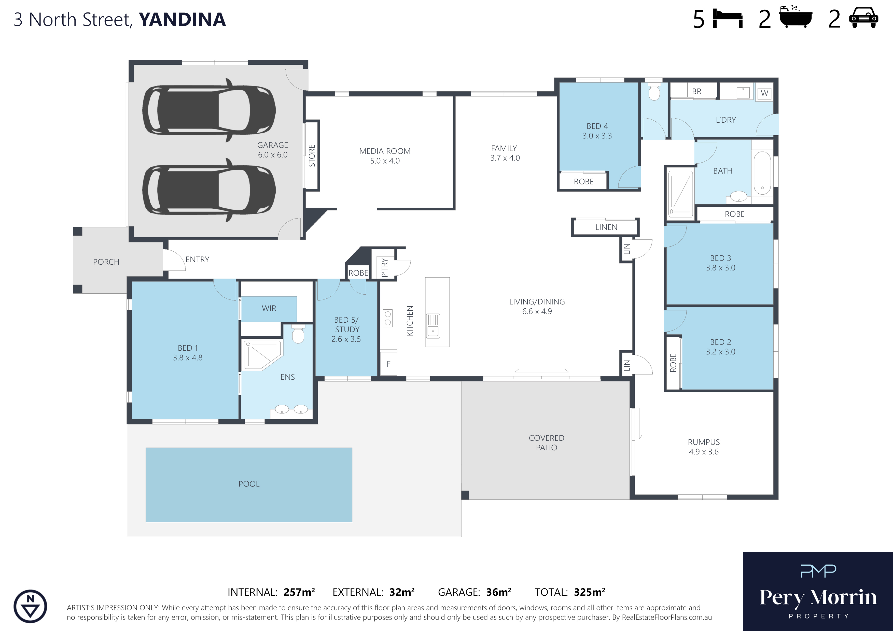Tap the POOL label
[249, 484]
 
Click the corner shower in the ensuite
[262, 355]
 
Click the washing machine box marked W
[764, 93]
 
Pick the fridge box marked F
[388, 364]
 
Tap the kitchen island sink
[433, 325]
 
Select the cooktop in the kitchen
[388, 318]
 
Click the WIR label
[269, 308]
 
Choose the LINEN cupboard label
[606, 227]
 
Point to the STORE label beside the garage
[312, 155]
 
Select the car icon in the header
[864, 18]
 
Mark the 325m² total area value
[590, 592]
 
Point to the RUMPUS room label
[704, 442]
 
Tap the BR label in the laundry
[696, 91]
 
